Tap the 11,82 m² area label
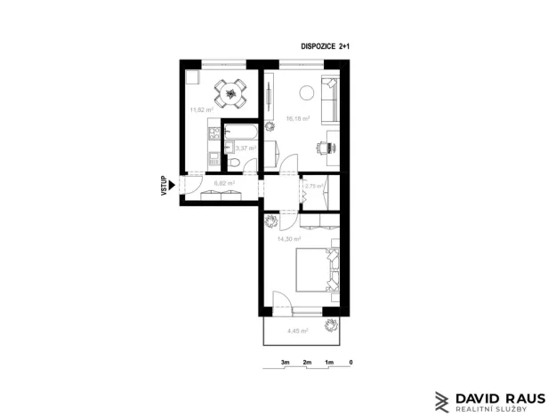click(201, 110)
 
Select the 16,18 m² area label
click(297, 118)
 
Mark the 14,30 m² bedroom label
click(289, 239)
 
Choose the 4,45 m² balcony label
click(297, 331)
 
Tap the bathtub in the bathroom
click(241, 133)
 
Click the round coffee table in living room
click(308, 90)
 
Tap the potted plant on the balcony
click(333, 325)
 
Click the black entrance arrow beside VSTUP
click(172, 186)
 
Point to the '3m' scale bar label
click(286, 363)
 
